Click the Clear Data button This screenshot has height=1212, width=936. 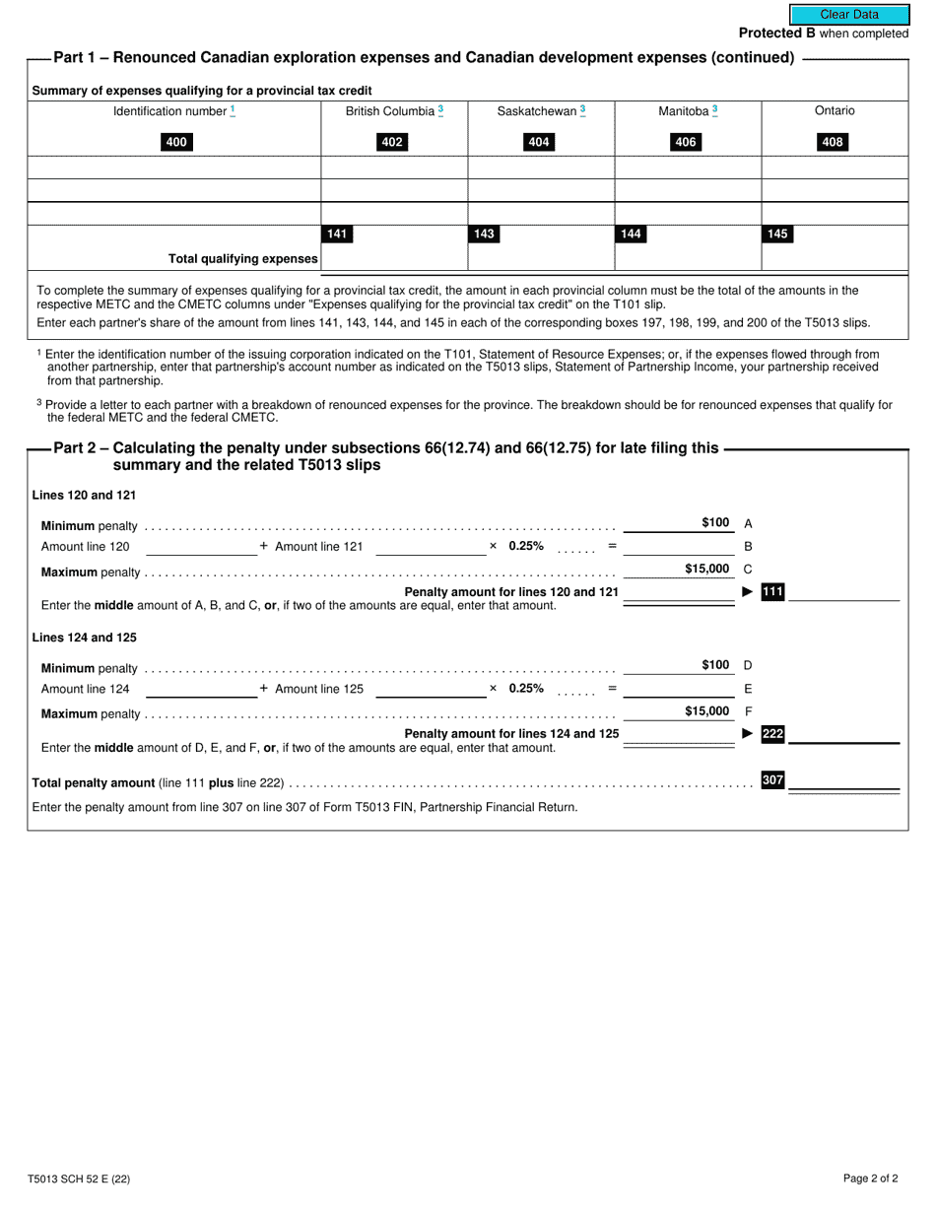(x=848, y=15)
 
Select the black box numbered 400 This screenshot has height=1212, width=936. (x=175, y=142)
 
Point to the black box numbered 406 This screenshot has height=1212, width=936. (x=686, y=142)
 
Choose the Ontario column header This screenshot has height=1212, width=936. (x=835, y=111)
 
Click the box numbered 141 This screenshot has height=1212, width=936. (x=337, y=235)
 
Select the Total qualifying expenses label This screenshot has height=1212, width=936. (x=243, y=259)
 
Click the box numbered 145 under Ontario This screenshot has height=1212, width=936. (x=777, y=235)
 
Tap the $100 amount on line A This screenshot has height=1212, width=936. (x=715, y=523)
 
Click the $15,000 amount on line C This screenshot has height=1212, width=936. (x=707, y=569)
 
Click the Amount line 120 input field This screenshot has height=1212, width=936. (x=201, y=547)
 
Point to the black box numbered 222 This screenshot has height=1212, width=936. (x=772, y=733)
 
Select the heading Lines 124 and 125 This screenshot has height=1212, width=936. (x=84, y=638)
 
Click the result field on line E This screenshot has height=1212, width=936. (x=679, y=689)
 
